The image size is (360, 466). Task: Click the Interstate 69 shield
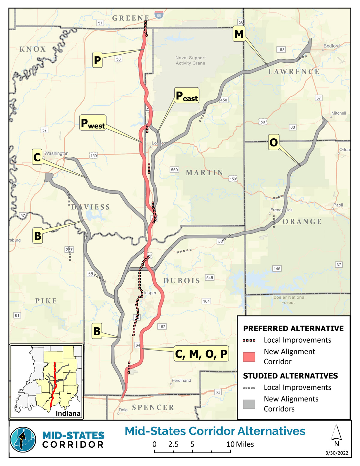click(159, 15)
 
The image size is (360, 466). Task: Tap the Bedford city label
click(331, 46)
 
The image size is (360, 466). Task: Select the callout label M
click(239, 34)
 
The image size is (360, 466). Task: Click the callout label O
click(274, 142)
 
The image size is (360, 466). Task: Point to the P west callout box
click(93, 123)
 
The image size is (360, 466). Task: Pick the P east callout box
click(187, 95)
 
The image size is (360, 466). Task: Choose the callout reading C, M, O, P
click(201, 354)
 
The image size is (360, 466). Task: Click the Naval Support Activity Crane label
click(190, 60)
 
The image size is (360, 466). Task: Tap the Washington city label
click(56, 153)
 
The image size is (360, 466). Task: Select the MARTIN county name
click(205, 173)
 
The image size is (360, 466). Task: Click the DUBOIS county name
click(182, 281)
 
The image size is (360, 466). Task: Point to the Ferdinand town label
click(181, 380)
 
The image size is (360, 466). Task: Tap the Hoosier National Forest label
click(288, 300)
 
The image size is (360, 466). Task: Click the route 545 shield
click(210, 278)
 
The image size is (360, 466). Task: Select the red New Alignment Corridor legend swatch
click(249, 357)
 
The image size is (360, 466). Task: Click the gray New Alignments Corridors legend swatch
click(249, 404)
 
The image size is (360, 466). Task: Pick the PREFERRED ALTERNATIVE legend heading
click(293, 329)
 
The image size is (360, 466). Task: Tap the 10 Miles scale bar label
click(240, 444)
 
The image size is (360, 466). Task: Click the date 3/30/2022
click(337, 453)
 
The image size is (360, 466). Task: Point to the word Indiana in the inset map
click(68, 413)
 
